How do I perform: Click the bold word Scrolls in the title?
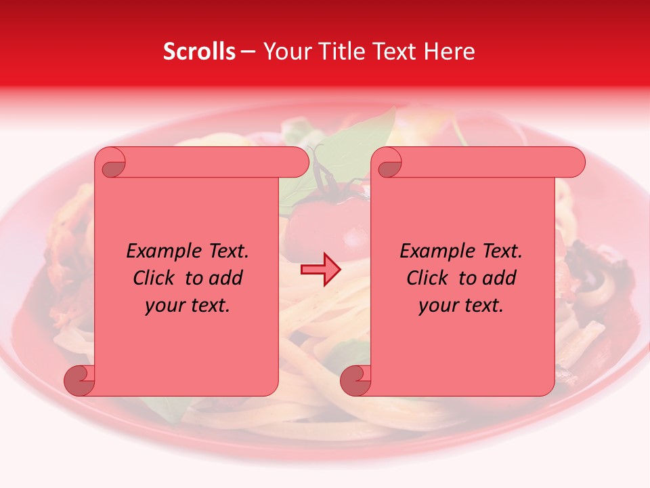pos(199,52)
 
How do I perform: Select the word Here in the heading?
pos(449,52)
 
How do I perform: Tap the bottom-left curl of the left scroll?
pos(79,381)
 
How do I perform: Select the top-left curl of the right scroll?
pos(389,163)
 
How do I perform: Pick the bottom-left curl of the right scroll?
pos(355,381)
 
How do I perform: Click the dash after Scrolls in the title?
pos(248,52)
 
